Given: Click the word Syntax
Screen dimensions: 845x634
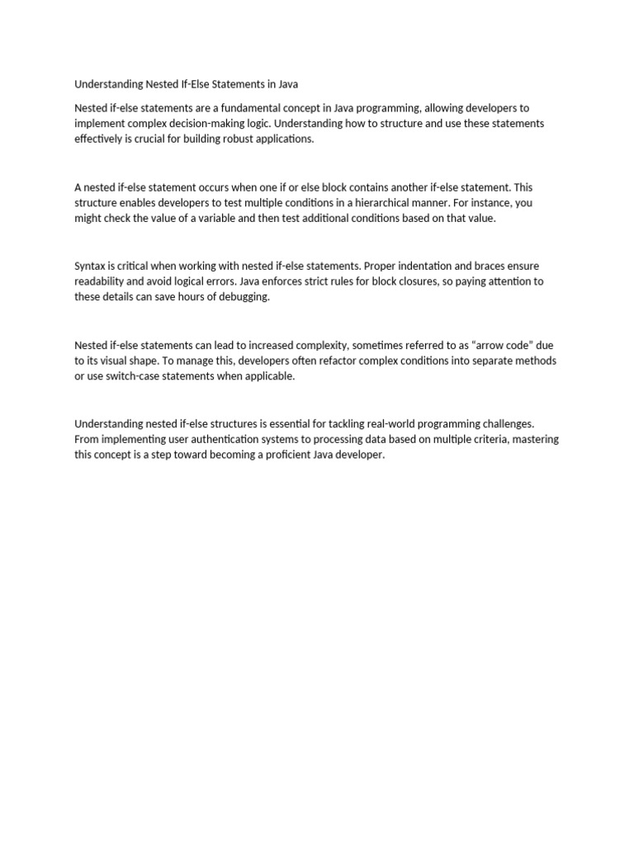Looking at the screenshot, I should [x=91, y=267].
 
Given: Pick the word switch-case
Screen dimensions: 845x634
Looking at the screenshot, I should [x=116, y=377].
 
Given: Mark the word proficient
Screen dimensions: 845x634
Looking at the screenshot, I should [x=298, y=456].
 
